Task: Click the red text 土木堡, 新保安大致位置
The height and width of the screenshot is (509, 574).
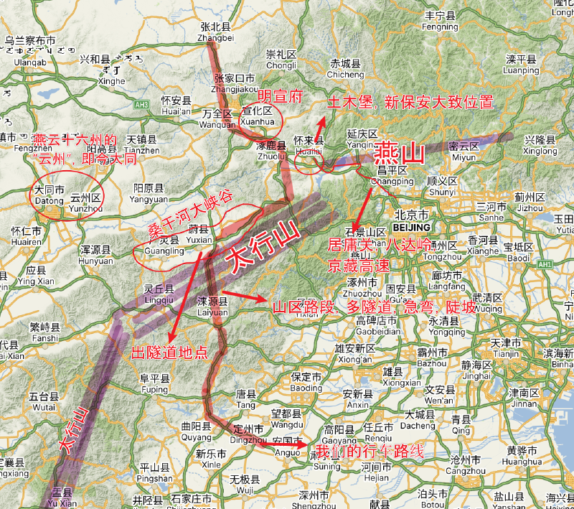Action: [x=410, y=102]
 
